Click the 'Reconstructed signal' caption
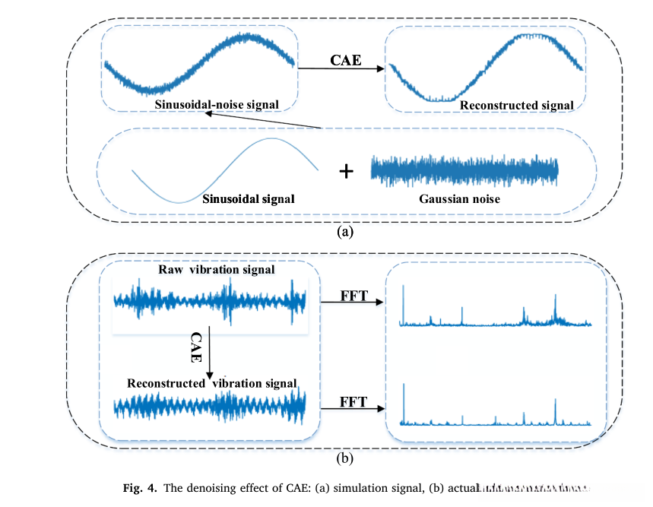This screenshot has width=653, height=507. pyautogui.click(x=517, y=106)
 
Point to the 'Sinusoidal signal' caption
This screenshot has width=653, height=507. pyautogui.click(x=249, y=198)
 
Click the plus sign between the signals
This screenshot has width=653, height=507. pyautogui.click(x=346, y=171)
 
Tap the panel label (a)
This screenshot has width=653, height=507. pyautogui.click(x=346, y=231)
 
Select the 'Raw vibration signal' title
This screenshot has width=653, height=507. pyautogui.click(x=217, y=270)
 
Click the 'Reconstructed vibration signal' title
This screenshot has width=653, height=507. pyautogui.click(x=212, y=383)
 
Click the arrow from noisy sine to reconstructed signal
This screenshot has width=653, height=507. pyautogui.click(x=341, y=69)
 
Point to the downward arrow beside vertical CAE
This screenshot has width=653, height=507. pyautogui.click(x=208, y=354)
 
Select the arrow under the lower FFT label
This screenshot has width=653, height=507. pyautogui.click(x=352, y=408)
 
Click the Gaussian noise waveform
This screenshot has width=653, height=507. pyautogui.click(x=464, y=170)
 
